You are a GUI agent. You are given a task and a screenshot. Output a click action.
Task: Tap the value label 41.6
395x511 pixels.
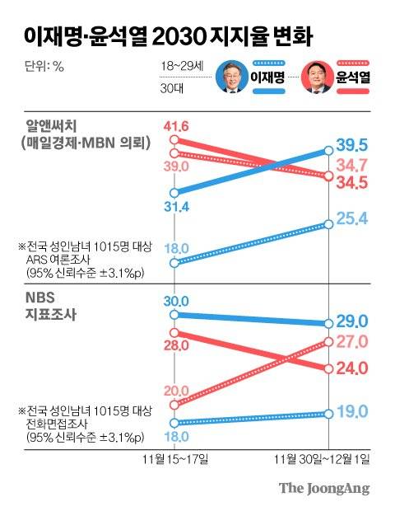[176, 126]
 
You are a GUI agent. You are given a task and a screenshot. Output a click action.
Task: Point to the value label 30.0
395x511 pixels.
[176, 301]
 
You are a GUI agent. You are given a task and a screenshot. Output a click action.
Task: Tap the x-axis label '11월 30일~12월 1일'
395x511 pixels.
[328, 457]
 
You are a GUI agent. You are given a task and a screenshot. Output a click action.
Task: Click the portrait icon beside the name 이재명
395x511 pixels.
[232, 78]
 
